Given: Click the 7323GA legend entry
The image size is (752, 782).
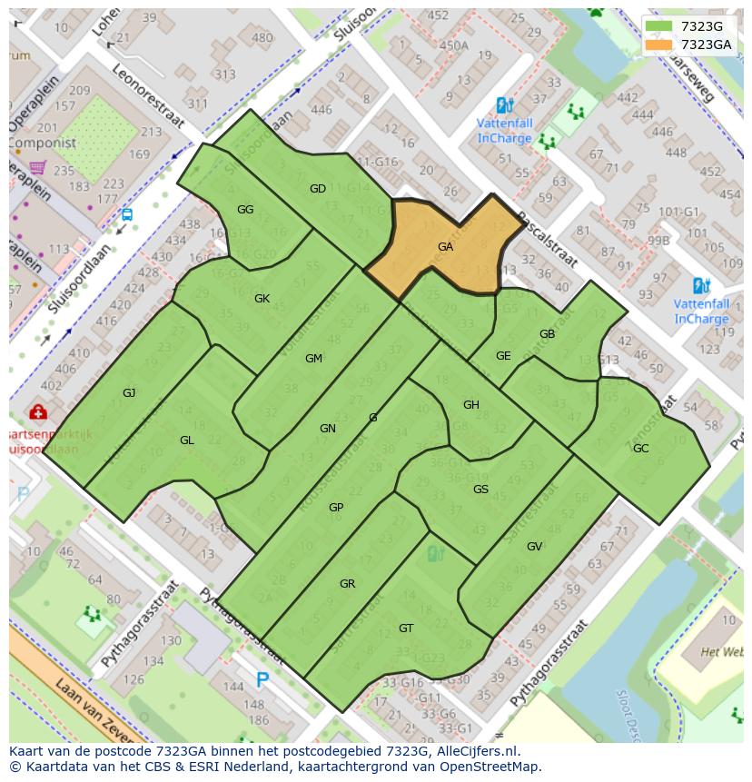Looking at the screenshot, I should (x=690, y=45).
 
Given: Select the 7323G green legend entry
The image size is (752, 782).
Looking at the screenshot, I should (x=687, y=25).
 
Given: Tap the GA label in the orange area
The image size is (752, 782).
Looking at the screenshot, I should (x=445, y=246).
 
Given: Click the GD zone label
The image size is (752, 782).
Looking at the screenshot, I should (x=318, y=189).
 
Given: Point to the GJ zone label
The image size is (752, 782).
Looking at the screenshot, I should (x=129, y=392).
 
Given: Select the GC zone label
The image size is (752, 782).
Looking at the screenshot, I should (x=640, y=448).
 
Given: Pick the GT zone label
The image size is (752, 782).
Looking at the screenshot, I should (x=406, y=628).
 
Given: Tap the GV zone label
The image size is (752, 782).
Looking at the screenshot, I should (x=534, y=546).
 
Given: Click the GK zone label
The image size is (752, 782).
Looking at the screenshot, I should (x=262, y=298).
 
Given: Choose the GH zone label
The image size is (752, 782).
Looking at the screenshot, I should (x=470, y=404).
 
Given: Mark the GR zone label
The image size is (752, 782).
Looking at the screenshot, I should (x=347, y=583).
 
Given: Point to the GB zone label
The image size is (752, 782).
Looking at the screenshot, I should (x=547, y=333).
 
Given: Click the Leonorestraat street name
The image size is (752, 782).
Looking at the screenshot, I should (x=148, y=97).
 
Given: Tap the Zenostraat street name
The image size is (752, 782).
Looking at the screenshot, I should (x=662, y=416).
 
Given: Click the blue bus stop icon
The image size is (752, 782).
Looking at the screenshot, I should (x=126, y=215).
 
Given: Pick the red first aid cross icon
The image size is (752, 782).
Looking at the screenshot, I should (x=37, y=413).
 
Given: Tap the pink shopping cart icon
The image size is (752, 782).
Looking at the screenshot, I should (x=37, y=167).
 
